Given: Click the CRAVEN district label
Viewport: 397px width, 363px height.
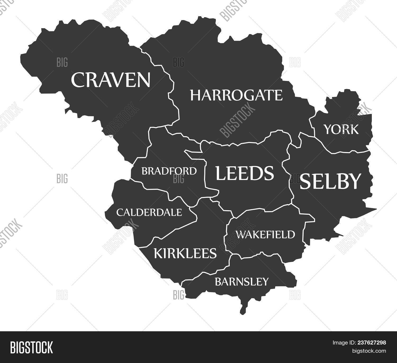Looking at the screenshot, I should [x=111, y=80].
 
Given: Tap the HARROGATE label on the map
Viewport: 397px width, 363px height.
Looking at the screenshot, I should [x=236, y=95].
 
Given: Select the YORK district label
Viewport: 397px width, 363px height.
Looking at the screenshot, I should [x=341, y=130].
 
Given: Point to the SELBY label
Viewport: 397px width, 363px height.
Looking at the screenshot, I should [x=330, y=181].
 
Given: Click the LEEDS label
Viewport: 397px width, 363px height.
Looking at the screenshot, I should [x=245, y=173].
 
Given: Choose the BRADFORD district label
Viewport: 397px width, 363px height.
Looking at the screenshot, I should [x=169, y=171].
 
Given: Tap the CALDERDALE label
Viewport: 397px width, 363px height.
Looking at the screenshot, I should [x=149, y=212].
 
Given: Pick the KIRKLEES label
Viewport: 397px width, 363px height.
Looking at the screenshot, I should [x=185, y=253].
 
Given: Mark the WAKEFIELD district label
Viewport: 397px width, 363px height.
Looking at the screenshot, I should [x=265, y=234].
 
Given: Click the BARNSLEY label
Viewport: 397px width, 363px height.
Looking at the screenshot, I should [x=242, y=282].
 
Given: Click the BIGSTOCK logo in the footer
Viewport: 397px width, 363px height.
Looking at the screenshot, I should [x=31, y=347].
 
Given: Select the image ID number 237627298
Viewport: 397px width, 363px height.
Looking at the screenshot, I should [x=371, y=343].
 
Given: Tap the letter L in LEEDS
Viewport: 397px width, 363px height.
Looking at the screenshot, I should [x=221, y=173].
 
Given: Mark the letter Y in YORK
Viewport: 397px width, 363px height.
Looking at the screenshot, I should [x=328, y=130].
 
